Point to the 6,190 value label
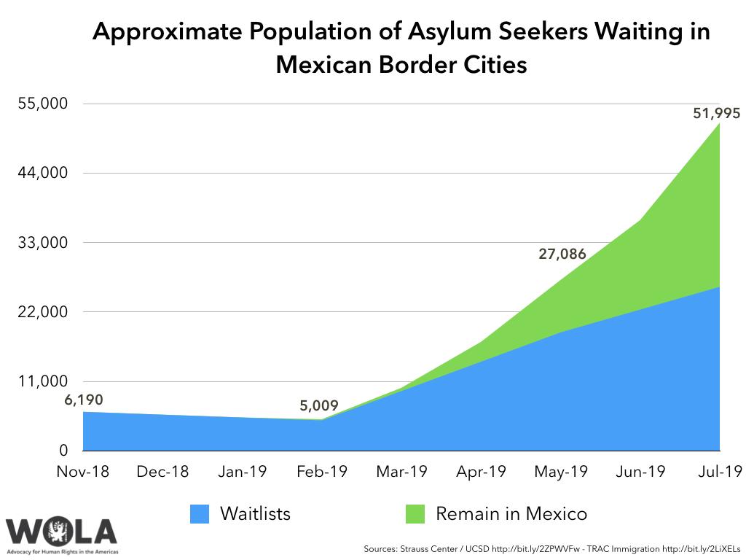tap(84, 399)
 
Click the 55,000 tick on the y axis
tap(42, 104)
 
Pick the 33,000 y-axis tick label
tap(42, 243)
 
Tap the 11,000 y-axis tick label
tap(42, 381)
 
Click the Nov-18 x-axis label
tap(82, 472)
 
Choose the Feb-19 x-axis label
tap(321, 472)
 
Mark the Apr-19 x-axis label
tap(481, 472)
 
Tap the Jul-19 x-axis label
tap(719, 472)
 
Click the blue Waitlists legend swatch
tap(200, 513)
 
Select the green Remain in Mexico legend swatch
tap(415, 513)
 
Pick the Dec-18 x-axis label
tap(162, 472)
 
